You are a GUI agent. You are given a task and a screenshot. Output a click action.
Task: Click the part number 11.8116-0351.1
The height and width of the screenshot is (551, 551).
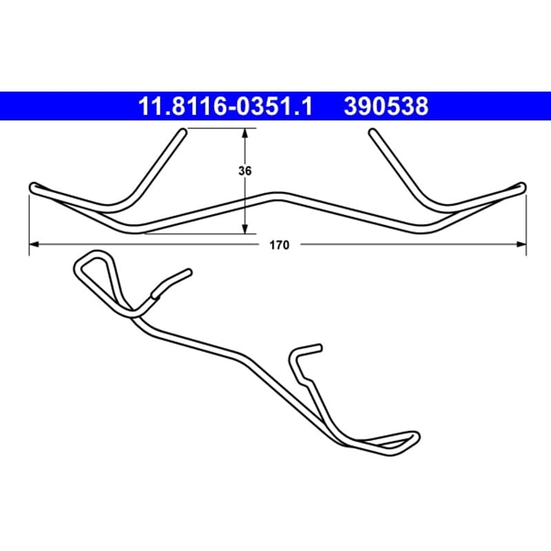click(225, 106)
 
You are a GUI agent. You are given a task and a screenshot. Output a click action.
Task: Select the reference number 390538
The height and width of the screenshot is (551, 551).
click(386, 106)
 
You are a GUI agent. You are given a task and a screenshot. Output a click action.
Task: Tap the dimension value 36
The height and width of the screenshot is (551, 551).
click(245, 171)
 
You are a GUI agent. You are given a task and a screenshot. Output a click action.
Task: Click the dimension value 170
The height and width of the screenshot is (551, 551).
click(280, 245)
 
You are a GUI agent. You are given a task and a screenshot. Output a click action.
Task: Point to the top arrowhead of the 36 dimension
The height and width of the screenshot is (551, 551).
click(245, 133)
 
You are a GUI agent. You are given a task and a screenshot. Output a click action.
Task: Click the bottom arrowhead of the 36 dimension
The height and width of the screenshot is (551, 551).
click(245, 229)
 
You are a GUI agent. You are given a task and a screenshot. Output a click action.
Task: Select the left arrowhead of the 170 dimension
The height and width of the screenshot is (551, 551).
click(34, 245)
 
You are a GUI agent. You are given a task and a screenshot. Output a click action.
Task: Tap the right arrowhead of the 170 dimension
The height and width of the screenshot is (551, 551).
click(521, 245)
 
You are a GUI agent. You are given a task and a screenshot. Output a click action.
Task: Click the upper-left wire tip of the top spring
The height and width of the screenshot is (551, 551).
click(183, 132)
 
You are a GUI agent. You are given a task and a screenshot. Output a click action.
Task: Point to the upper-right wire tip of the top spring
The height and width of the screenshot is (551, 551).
click(372, 132)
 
